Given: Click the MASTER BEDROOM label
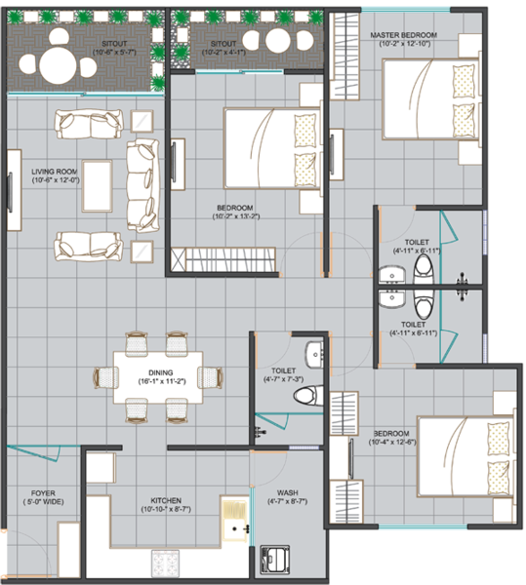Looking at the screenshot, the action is click(404, 35).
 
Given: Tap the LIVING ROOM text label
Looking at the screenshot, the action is click(55, 172).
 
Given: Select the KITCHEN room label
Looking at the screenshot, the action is click(166, 501).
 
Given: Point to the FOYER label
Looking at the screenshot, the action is click(43, 493).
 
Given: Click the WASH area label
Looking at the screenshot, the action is click(288, 492).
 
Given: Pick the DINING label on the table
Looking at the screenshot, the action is click(160, 372).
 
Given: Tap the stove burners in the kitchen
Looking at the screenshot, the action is click(165, 564).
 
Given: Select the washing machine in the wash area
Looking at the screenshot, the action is click(275, 560).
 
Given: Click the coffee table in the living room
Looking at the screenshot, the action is click(98, 186).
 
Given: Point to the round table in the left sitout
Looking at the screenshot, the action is click(58, 66).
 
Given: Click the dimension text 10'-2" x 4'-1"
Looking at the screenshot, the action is click(223, 53).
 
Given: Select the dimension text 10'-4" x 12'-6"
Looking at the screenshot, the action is click(392, 442).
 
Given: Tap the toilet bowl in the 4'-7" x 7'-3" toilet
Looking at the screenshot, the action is click(308, 396).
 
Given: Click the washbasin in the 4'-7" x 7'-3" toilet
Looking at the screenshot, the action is click(314, 355).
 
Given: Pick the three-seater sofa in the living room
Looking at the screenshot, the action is click(142, 185).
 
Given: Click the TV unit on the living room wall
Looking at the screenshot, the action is click(15, 190).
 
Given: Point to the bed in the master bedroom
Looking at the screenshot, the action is click(430, 99).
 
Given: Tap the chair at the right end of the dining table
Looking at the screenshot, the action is click(211, 377).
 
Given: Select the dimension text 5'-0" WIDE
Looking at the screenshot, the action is click(43, 502).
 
